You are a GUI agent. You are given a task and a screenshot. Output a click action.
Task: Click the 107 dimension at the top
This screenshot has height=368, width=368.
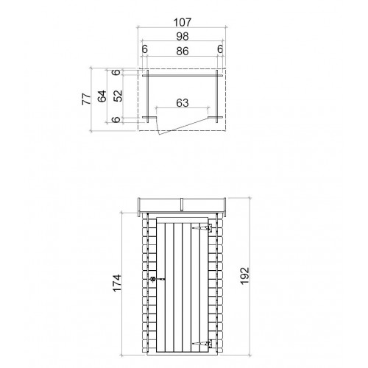183,22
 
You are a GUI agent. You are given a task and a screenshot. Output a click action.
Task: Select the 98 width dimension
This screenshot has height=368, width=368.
183,37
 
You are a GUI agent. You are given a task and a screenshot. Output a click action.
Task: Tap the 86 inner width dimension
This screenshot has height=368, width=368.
183,52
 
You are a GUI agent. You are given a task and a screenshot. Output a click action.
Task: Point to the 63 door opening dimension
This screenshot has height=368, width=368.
183,103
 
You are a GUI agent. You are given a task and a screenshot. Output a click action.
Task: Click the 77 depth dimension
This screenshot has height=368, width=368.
86,99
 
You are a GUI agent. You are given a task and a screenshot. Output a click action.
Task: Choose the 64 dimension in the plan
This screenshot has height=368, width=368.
102,96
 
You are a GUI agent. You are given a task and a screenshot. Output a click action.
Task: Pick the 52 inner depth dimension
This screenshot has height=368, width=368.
118,96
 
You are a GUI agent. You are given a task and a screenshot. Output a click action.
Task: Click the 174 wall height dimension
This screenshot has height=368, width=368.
117,283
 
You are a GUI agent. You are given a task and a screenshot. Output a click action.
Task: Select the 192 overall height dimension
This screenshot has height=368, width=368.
244,276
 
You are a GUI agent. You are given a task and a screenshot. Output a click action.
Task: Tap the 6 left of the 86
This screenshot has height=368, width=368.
145,49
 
